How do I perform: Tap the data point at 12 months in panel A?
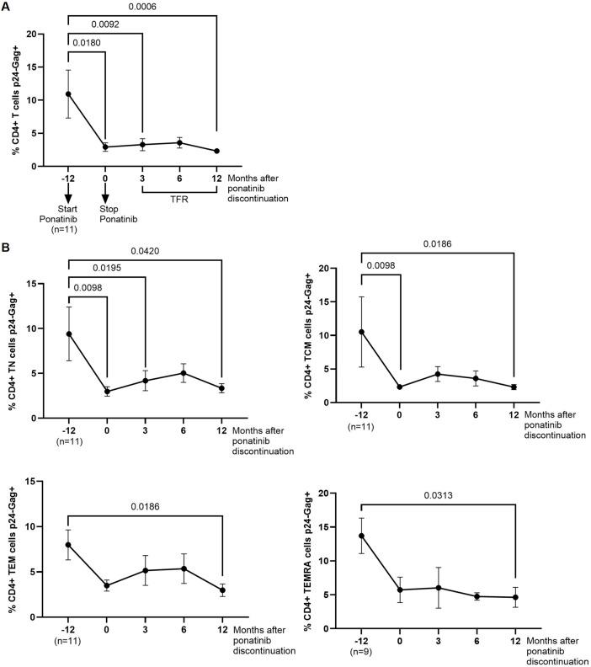coord(217,151)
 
